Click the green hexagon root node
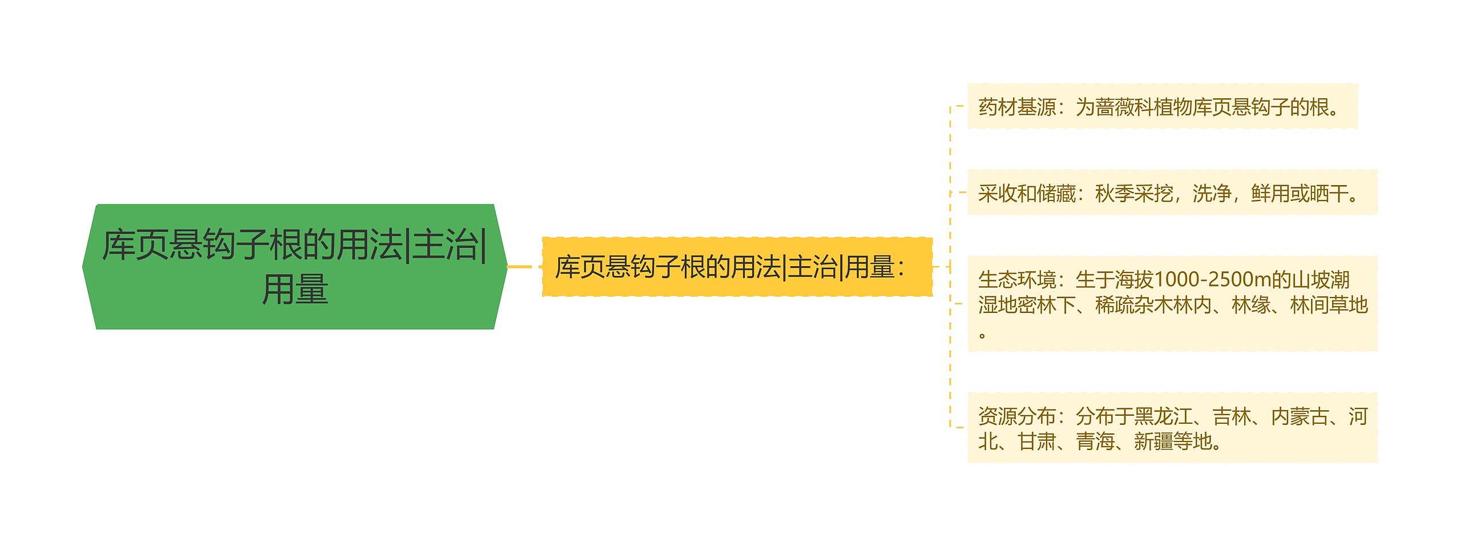pyautogui.click(x=294, y=266)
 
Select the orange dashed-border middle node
pyautogui.click(x=736, y=267)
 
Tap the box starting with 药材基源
pyautogui.click(x=1162, y=107)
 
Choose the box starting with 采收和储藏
pyautogui.click(x=1172, y=193)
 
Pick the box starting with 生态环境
pyautogui.click(x=1172, y=303)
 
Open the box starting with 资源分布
pyautogui.click(x=1172, y=428)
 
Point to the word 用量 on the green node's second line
pyautogui.click(x=294, y=289)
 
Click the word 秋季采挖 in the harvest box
pyautogui.click(x=1134, y=194)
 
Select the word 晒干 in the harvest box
pyautogui.click(x=1329, y=194)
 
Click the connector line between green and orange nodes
pyautogui.click(x=519, y=267)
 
